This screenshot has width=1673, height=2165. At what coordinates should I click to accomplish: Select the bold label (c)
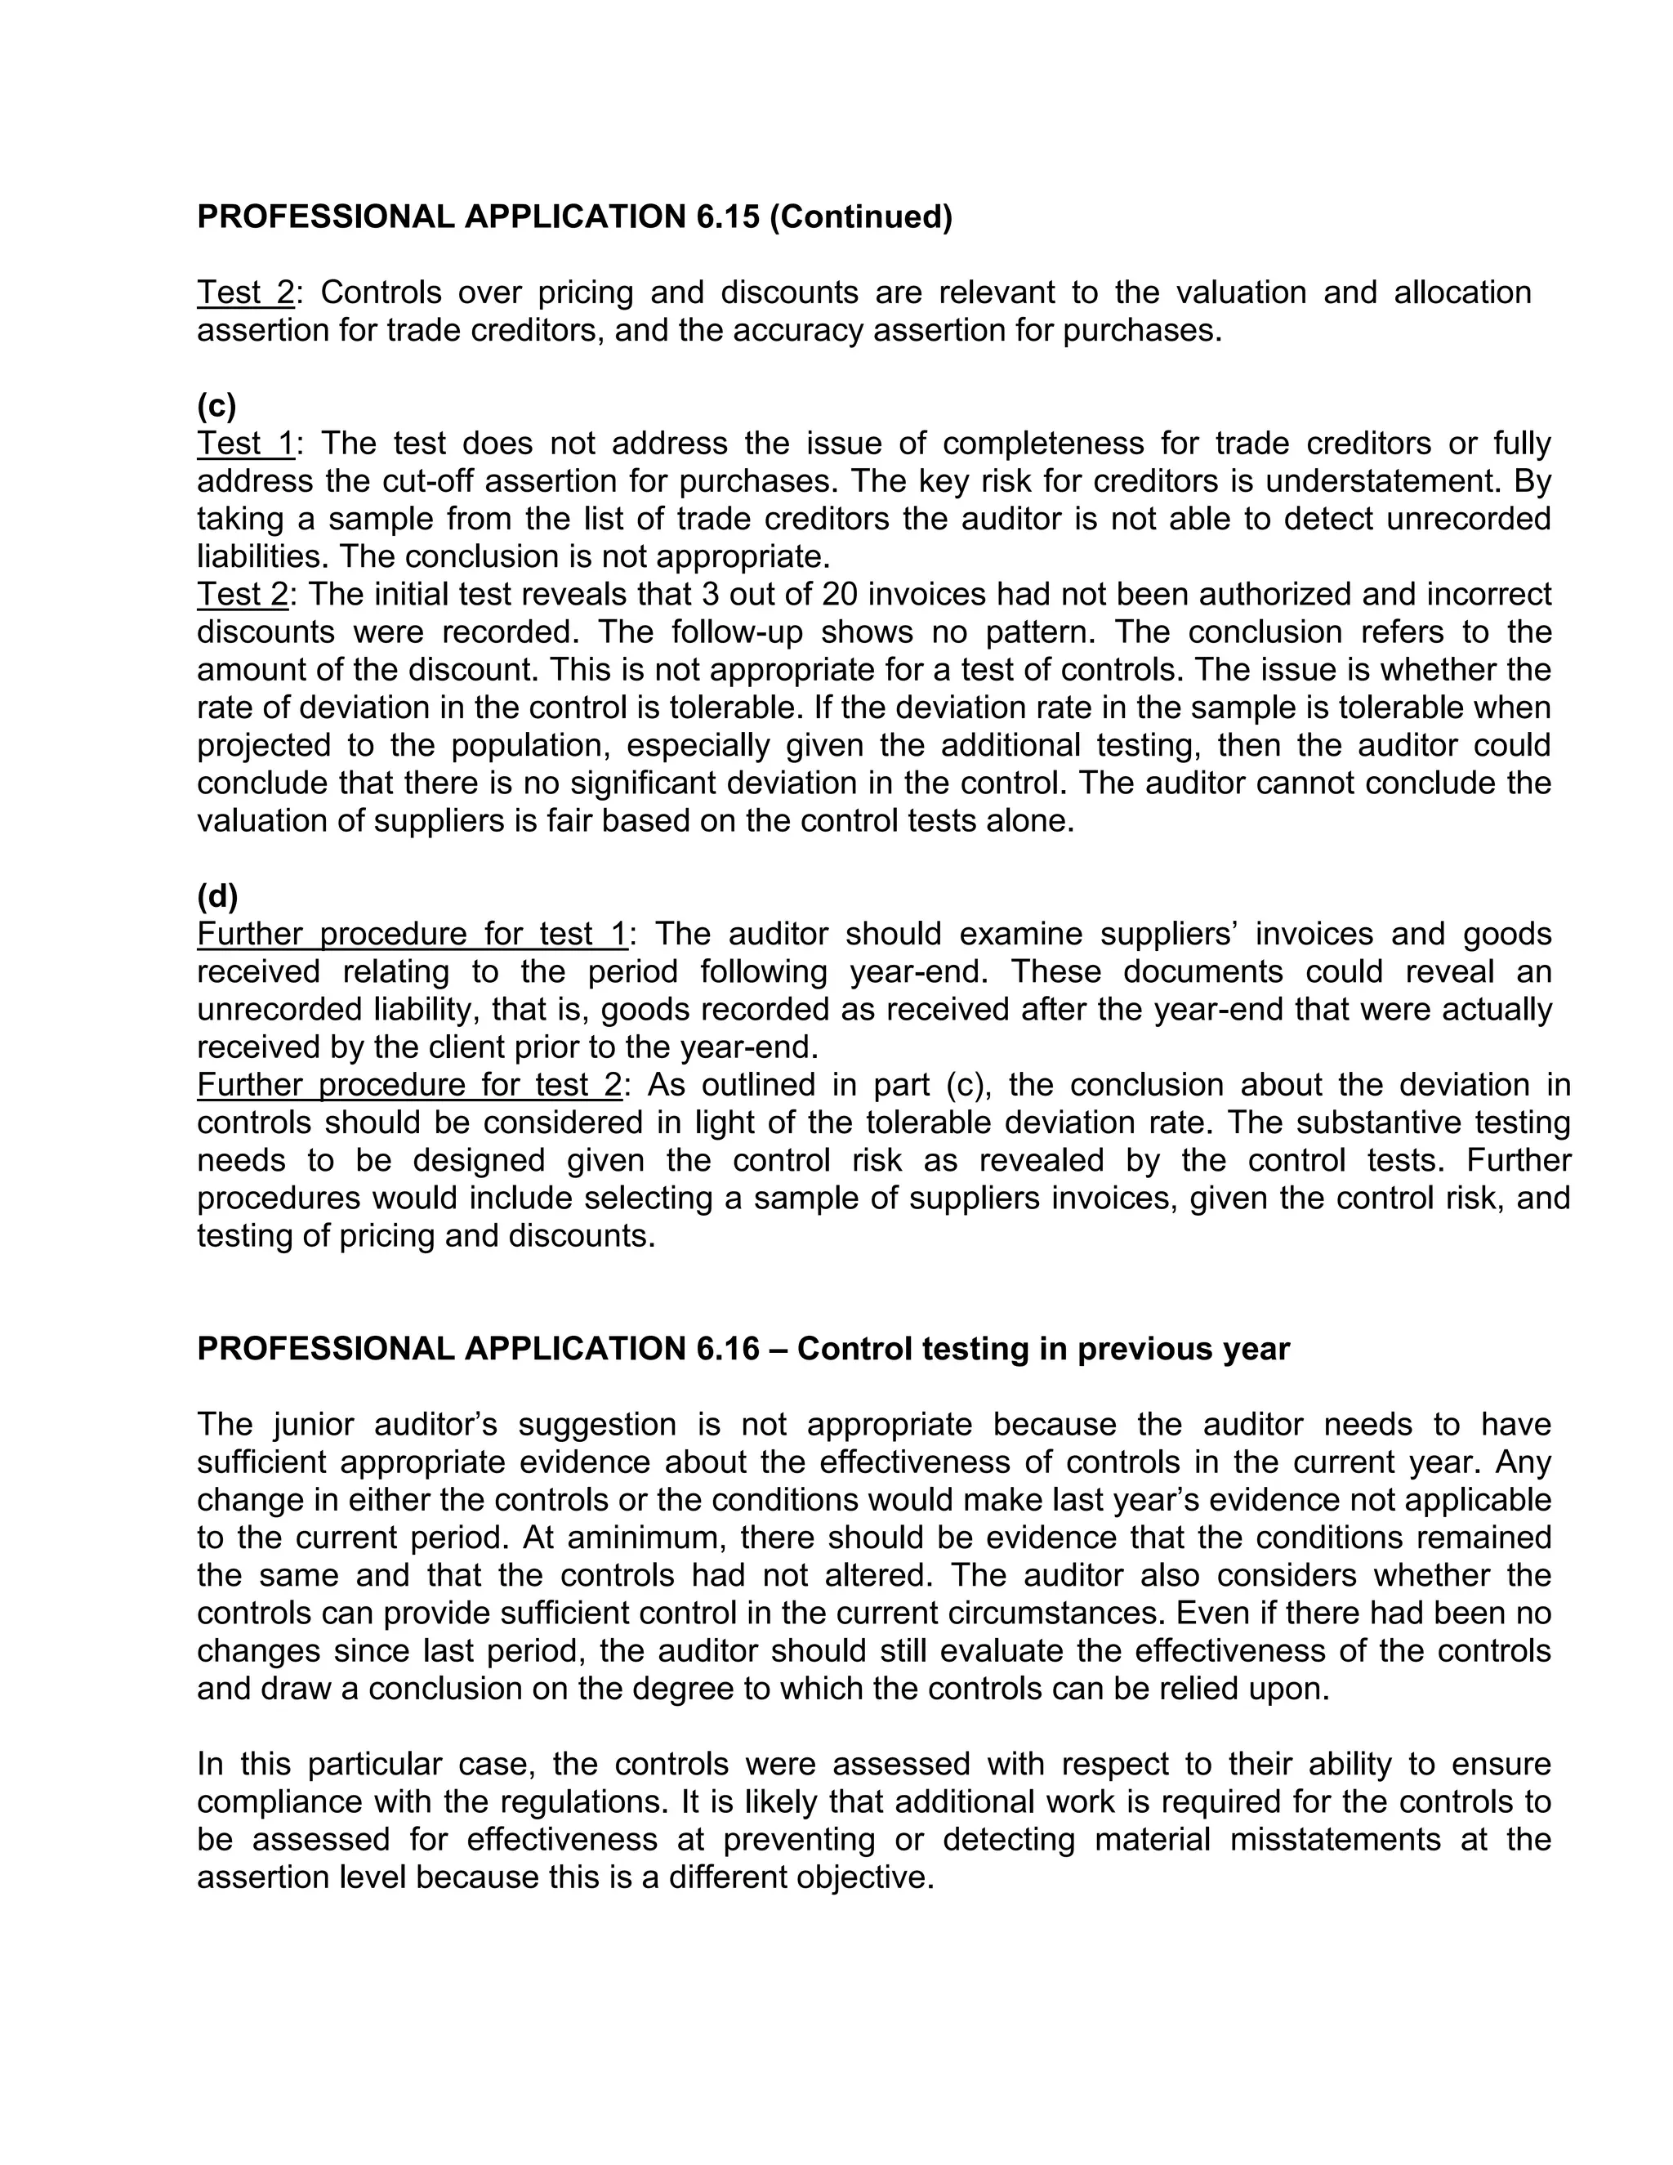pyautogui.click(x=216, y=405)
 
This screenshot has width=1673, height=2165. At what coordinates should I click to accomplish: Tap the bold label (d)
pyautogui.click(x=217, y=896)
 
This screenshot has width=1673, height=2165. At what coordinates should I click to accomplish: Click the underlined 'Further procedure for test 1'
pyautogui.click(x=413, y=934)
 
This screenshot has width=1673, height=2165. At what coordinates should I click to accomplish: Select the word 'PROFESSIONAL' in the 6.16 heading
pyautogui.click(x=324, y=1349)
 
